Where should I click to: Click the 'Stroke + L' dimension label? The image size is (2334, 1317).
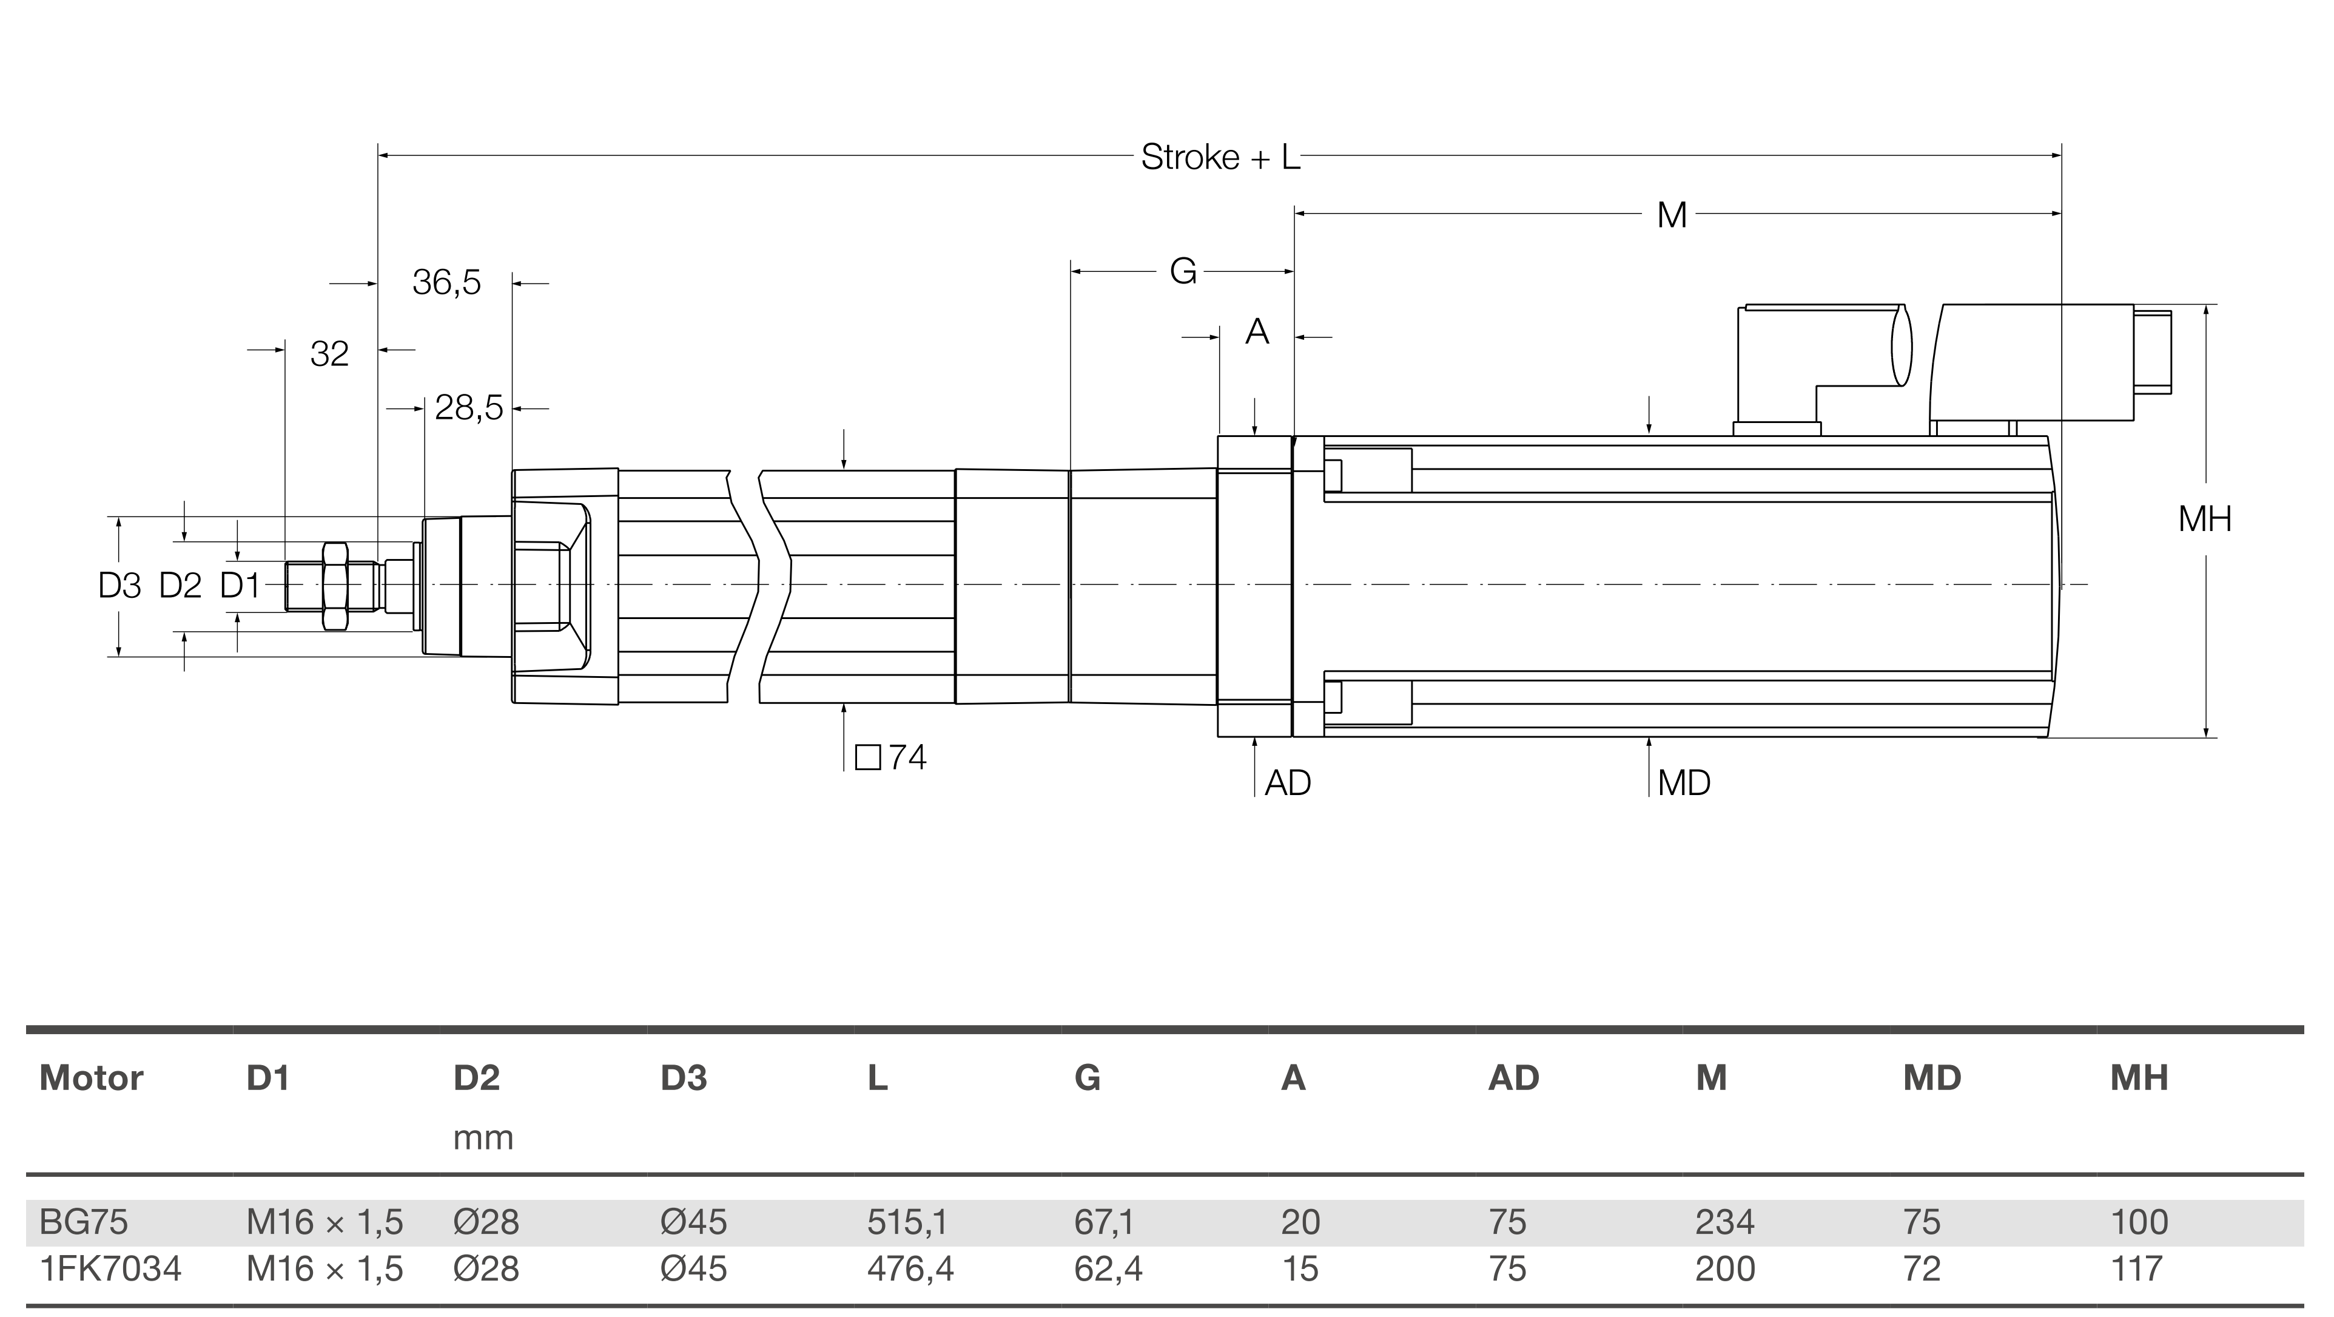point(1220,158)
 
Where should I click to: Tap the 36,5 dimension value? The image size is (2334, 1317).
point(446,283)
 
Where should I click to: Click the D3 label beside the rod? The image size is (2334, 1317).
point(119,586)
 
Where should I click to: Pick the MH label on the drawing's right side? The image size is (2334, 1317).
point(2204,520)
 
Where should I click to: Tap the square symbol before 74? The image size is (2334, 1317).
point(867,757)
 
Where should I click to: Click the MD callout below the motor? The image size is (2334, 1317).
point(1683,783)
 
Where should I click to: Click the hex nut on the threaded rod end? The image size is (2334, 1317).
point(334,586)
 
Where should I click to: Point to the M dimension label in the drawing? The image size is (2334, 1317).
point(1672,215)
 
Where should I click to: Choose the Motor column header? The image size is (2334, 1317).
point(92,1078)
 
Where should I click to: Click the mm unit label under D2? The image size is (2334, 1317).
point(483,1137)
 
